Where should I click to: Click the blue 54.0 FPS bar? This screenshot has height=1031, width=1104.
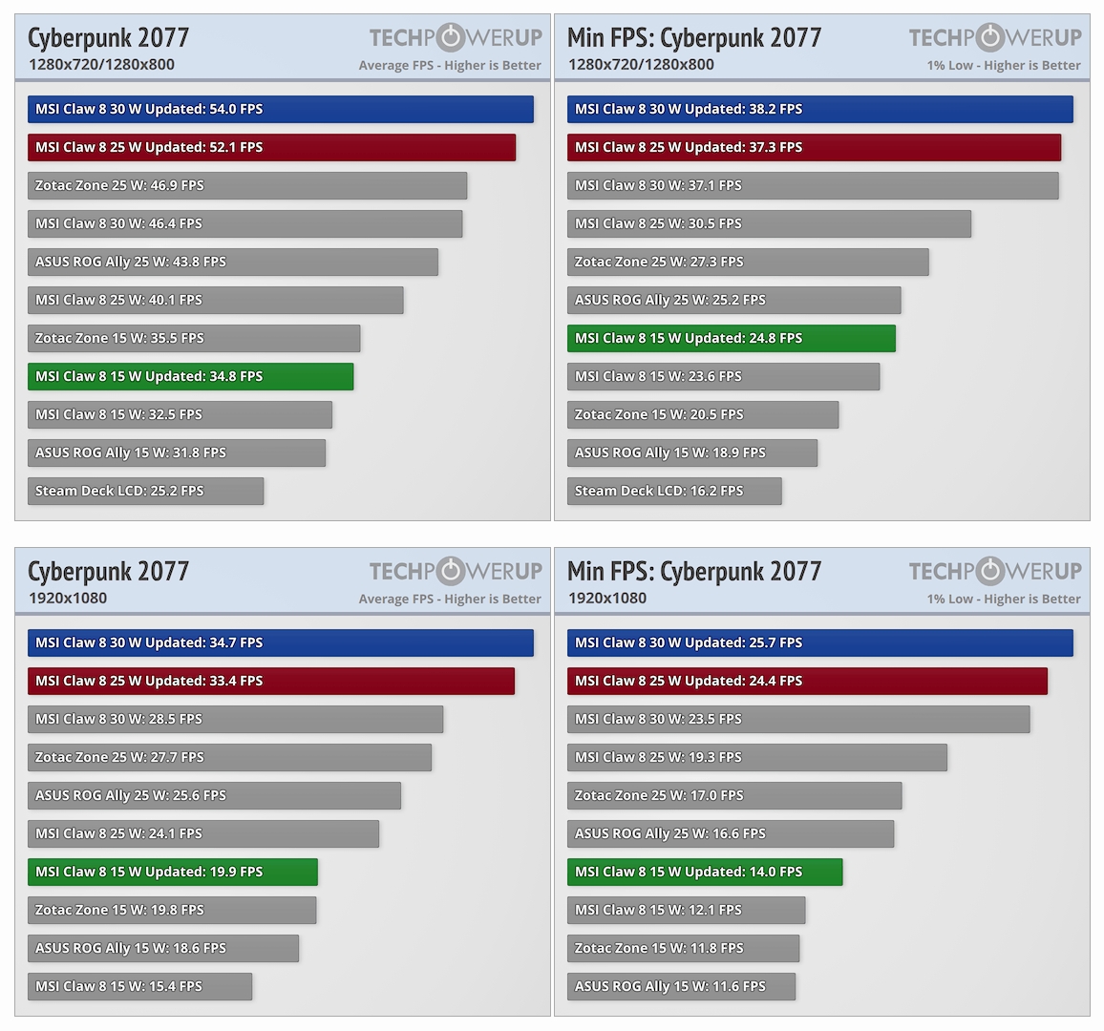[280, 110]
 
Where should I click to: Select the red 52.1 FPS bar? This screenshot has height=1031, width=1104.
[271, 148]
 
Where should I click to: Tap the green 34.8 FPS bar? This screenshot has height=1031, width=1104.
[190, 377]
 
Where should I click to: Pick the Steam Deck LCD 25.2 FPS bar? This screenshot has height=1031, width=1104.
[145, 492]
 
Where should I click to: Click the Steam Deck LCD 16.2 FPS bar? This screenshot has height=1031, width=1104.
[674, 492]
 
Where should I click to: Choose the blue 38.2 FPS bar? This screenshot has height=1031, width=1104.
[819, 110]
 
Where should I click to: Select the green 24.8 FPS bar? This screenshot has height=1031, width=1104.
[731, 339]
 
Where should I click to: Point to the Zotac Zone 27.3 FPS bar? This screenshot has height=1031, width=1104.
[748, 263]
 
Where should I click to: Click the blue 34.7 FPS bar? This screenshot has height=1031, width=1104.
[280, 643]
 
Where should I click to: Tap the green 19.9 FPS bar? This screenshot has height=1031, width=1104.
[172, 873]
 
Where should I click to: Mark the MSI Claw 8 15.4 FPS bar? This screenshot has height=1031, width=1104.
[139, 987]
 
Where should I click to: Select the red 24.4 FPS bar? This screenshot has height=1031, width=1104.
[807, 682]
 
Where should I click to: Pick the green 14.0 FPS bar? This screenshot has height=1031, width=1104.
[705, 873]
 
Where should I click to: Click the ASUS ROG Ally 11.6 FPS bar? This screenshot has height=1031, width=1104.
[681, 987]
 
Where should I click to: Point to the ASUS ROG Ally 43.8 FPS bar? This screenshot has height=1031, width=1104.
[232, 263]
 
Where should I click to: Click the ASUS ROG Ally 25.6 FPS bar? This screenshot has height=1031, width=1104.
[214, 796]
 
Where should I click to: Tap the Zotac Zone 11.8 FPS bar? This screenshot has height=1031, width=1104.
[683, 949]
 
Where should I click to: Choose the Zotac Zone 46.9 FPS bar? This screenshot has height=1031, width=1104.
[246, 186]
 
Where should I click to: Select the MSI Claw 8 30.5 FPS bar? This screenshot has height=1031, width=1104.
[769, 224]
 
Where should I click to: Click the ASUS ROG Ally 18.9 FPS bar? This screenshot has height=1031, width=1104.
[691, 453]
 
